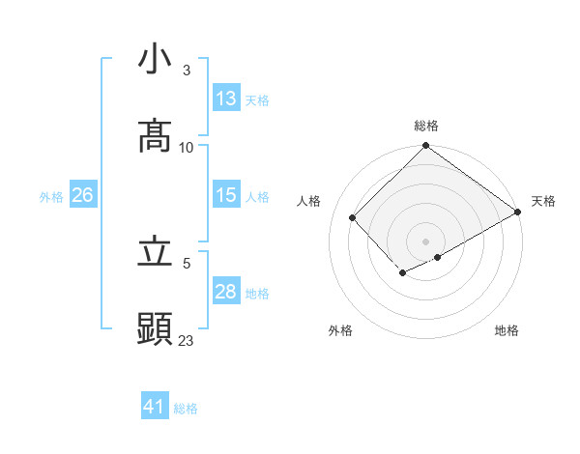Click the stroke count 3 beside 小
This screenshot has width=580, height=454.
pyautogui.click(x=187, y=71)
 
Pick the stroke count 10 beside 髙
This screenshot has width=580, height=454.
pyautogui.click(x=187, y=148)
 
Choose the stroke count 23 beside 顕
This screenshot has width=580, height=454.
pyautogui.click(x=187, y=341)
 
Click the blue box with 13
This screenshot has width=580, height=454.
pyautogui.click(x=226, y=99)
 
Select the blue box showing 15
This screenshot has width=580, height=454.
pyautogui.click(x=226, y=195)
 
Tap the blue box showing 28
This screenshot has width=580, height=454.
pyautogui.click(x=226, y=292)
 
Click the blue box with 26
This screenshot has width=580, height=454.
pyautogui.click(x=82, y=195)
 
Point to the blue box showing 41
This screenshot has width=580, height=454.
pyautogui.click(x=155, y=407)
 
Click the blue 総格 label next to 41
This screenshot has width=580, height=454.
pyautogui.click(x=186, y=409)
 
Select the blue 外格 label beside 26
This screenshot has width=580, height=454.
pyautogui.click(x=51, y=197)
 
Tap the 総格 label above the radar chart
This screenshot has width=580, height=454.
pyautogui.click(x=426, y=126)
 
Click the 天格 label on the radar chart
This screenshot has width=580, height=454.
pyautogui.click(x=543, y=201)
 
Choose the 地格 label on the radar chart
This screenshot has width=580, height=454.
pyautogui.click(x=507, y=330)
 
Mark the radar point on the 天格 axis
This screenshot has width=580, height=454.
pyautogui.click(x=518, y=212)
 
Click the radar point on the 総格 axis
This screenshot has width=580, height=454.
pyautogui.click(x=426, y=147)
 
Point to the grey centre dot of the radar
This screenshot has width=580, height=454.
pyautogui.click(x=426, y=241)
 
